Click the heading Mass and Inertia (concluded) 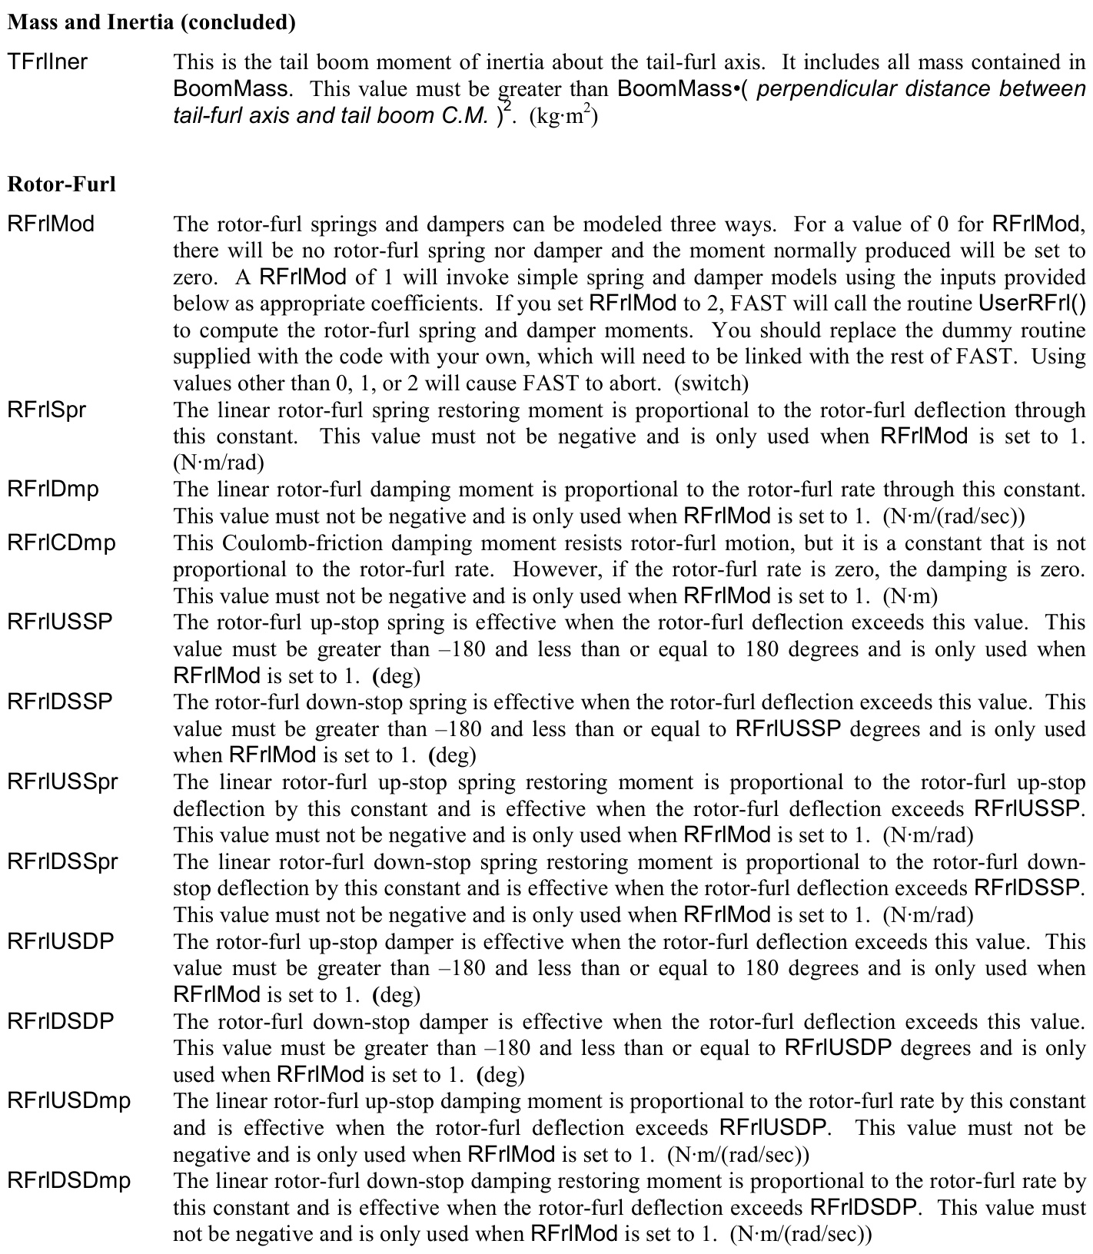(x=151, y=22)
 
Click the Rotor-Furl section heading (x=61, y=184)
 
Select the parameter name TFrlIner (x=48, y=61)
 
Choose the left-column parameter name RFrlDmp (x=53, y=489)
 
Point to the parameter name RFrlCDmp (x=61, y=542)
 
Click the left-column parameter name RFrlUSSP (x=60, y=622)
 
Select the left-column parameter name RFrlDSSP (x=60, y=702)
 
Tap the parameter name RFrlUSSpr (x=63, y=781)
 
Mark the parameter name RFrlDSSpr (x=63, y=861)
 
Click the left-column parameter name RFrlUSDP (x=61, y=941)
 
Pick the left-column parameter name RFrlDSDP (x=61, y=1021)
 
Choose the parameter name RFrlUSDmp (x=69, y=1101)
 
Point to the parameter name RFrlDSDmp (x=69, y=1181)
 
